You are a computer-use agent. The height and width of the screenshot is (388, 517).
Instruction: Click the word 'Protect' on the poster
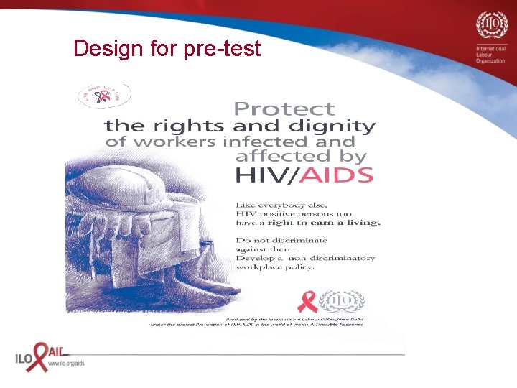click(284, 109)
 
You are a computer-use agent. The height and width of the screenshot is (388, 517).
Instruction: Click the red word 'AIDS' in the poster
click(341, 175)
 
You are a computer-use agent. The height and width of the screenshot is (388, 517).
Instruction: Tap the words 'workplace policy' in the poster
click(275, 267)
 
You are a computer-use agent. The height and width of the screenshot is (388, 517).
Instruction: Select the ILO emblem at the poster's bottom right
click(340, 302)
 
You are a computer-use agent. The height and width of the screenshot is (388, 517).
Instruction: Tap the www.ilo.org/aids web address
click(65, 364)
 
